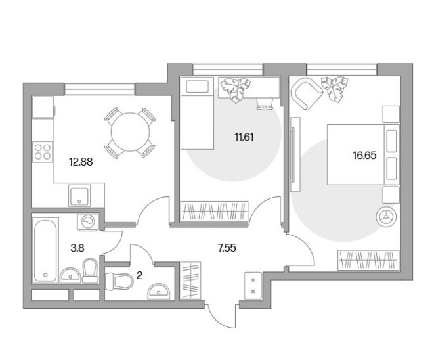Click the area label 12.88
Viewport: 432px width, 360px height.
click(81, 162)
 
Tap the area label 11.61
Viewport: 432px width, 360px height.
click(244, 137)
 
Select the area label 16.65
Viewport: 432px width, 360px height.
click(364, 156)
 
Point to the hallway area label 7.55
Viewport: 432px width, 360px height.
click(227, 248)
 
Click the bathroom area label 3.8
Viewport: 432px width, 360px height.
click(77, 248)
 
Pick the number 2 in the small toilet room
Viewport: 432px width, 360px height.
click(139, 275)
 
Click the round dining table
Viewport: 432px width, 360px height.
click(130, 132)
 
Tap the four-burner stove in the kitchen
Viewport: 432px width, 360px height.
click(43, 152)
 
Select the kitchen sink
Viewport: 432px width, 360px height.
click(79, 196)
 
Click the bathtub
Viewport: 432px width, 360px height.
click(46, 250)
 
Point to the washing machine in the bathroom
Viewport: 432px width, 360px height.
click(88, 221)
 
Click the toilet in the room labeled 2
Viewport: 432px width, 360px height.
click(119, 281)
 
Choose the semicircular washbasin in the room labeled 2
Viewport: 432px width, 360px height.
click(159, 292)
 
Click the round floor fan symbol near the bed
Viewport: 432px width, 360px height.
click(386, 217)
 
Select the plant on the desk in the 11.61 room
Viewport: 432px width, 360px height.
click(236, 89)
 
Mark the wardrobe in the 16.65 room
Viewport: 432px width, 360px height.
click(368, 260)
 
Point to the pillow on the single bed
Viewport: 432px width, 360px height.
click(197, 86)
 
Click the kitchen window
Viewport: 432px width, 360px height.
click(100, 89)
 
